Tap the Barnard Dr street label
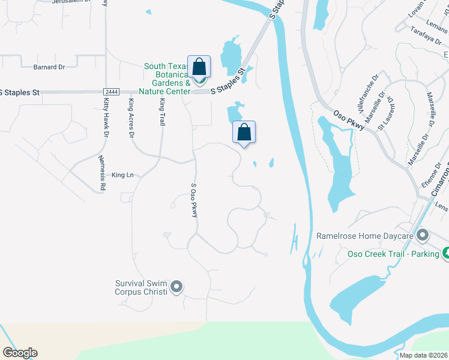point(49,67)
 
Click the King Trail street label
point(161,112)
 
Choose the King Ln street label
point(122,175)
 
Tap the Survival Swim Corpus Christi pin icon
point(176,288)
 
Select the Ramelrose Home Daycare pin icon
point(423,236)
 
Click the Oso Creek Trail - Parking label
point(393,253)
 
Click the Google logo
point(20,353)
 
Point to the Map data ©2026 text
point(423,355)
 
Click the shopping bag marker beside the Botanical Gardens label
point(199,67)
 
